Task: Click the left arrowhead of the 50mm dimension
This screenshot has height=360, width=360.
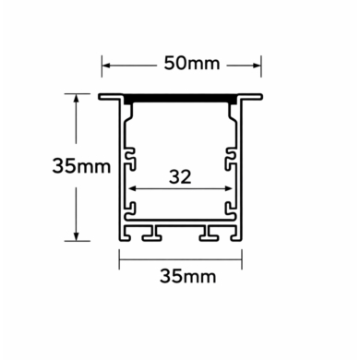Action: (x=105, y=65)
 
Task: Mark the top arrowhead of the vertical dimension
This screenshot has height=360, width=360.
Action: (x=74, y=97)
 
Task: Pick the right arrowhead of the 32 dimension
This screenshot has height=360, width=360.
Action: (x=229, y=188)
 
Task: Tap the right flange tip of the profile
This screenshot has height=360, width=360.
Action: (x=261, y=96)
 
